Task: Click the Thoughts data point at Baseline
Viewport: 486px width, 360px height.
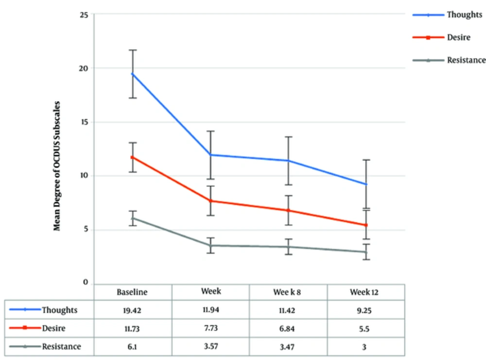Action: (133, 74)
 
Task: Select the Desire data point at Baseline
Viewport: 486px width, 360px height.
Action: (133, 157)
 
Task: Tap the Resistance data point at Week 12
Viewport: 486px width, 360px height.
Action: (366, 252)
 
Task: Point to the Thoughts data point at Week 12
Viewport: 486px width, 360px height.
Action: (366, 184)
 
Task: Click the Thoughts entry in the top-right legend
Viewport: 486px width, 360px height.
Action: (464, 15)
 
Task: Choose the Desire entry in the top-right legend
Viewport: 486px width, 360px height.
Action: (458, 37)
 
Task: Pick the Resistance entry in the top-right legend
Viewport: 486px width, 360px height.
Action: (466, 60)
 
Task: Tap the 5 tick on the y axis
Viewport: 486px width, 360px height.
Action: (86, 230)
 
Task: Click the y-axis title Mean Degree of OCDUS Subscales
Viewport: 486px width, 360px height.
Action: (57, 166)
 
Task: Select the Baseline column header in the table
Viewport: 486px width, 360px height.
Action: (132, 292)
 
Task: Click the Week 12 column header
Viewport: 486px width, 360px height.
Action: (365, 292)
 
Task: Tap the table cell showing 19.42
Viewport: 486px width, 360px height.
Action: (132, 310)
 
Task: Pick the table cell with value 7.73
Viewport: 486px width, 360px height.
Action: (210, 328)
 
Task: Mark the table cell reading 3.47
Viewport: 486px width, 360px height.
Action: (288, 347)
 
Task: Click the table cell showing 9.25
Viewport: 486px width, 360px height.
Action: (365, 310)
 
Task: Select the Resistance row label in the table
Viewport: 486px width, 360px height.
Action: (61, 347)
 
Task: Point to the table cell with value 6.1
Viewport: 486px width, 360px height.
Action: (132, 347)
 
